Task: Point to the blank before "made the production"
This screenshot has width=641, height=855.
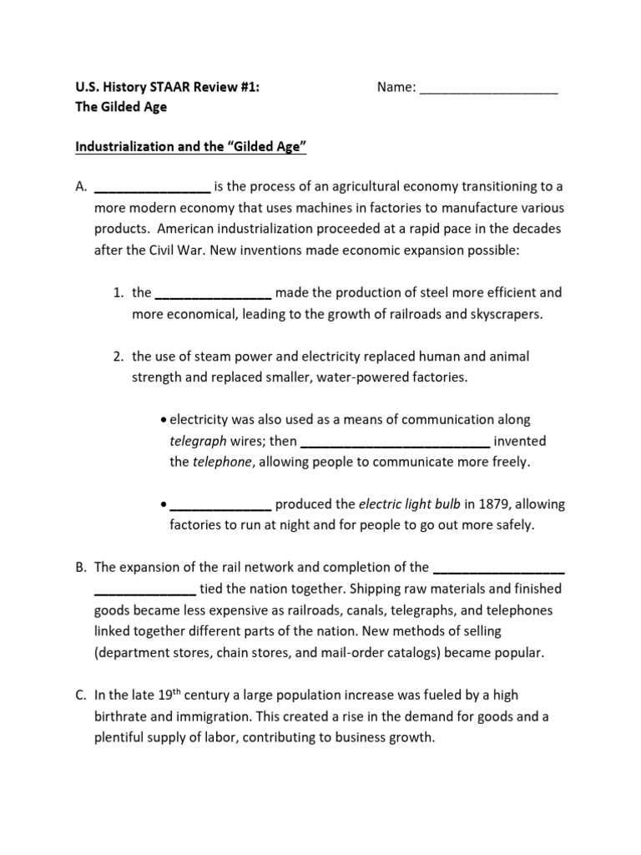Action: click(213, 293)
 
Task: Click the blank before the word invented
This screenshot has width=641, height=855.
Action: click(394, 442)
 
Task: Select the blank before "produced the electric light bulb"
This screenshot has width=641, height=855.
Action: click(220, 505)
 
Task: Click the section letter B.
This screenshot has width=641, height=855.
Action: click(80, 568)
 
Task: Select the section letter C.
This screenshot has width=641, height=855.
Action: click(80, 696)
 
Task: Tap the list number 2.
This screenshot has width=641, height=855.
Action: click(119, 357)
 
